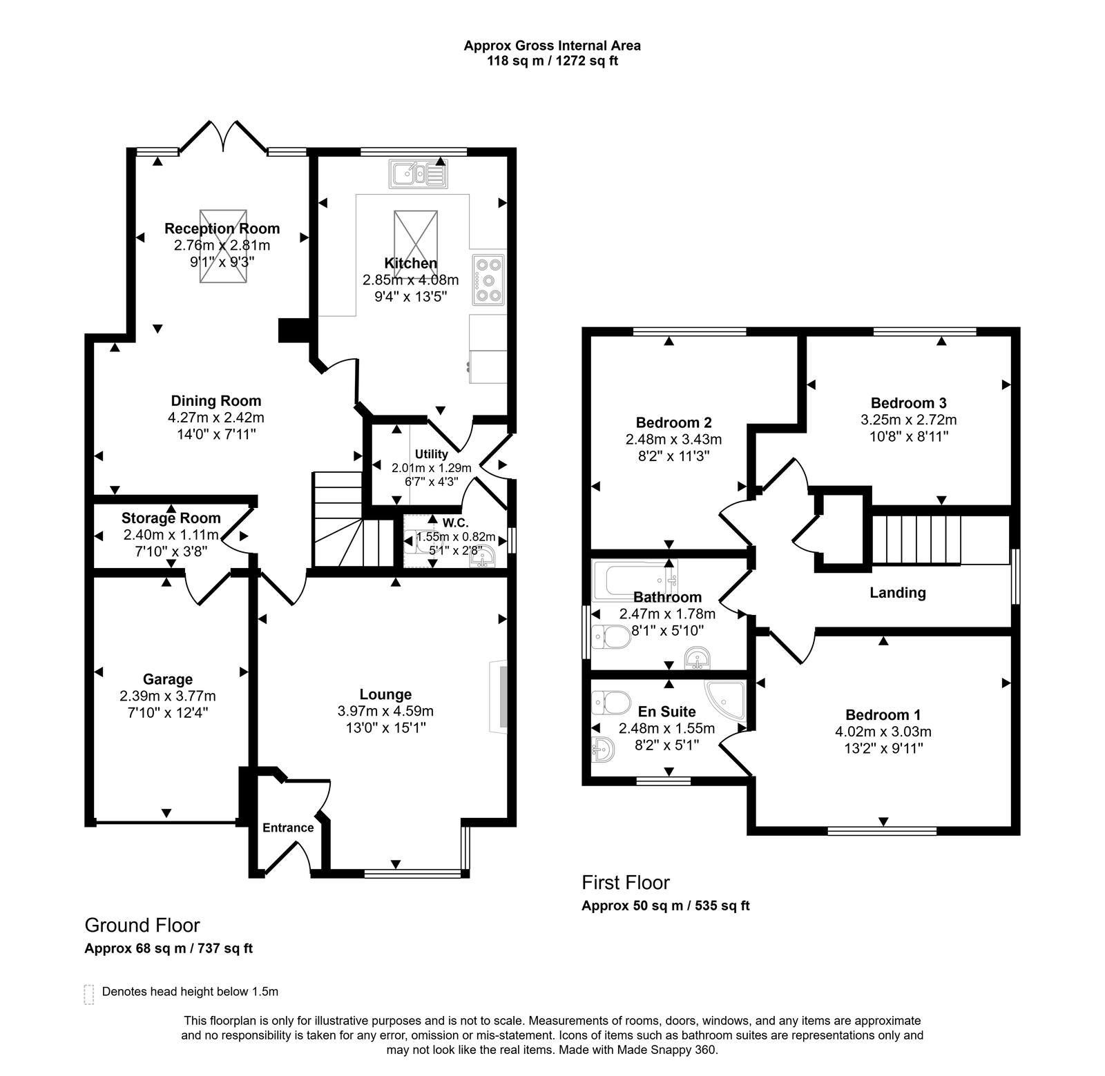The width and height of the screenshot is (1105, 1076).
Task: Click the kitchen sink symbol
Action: tap(419, 173)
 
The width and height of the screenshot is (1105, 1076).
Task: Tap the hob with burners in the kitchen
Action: tap(488, 280)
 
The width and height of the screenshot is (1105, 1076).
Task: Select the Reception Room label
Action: tap(222, 228)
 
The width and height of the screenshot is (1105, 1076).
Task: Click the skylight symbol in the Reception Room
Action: tap(222, 246)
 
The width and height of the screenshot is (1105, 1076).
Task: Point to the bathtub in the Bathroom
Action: tap(634, 580)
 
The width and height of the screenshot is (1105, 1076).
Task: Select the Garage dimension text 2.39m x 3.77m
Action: tap(167, 696)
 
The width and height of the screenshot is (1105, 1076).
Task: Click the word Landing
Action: tap(897, 592)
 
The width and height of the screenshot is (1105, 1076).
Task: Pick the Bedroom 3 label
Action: tap(908, 403)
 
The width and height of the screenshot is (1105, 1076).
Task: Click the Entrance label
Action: tap(288, 828)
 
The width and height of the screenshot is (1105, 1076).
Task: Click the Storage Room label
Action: tap(171, 518)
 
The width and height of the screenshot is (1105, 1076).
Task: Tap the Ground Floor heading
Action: tap(142, 925)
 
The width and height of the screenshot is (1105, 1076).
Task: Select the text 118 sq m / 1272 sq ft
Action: tap(552, 61)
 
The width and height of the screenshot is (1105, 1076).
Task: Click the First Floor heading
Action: tap(625, 882)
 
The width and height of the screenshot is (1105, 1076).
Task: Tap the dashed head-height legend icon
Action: tap(88, 994)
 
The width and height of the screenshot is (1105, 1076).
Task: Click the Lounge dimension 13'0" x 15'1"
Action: tap(385, 727)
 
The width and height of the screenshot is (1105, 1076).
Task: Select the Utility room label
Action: tap(431, 454)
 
